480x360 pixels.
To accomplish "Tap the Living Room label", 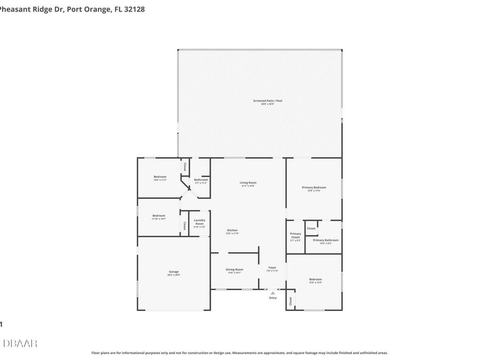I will [248, 183].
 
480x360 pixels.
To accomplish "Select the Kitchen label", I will [232, 230].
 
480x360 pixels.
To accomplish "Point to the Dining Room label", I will [235, 269].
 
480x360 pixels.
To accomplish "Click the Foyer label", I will [272, 268].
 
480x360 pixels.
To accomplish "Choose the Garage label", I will [174, 272].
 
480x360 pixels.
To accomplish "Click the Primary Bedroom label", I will [314, 188].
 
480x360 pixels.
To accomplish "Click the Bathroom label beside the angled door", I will [201, 180].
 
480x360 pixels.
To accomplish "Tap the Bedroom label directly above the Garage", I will [159, 215].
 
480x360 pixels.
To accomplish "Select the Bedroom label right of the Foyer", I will [315, 279].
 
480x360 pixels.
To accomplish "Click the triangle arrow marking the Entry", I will [273, 293].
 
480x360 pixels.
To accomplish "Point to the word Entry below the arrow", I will [273, 298].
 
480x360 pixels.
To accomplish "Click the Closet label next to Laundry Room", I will [185, 225].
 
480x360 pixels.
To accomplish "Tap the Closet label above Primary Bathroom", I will [311, 228].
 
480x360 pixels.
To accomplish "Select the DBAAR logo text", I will [20, 343].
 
